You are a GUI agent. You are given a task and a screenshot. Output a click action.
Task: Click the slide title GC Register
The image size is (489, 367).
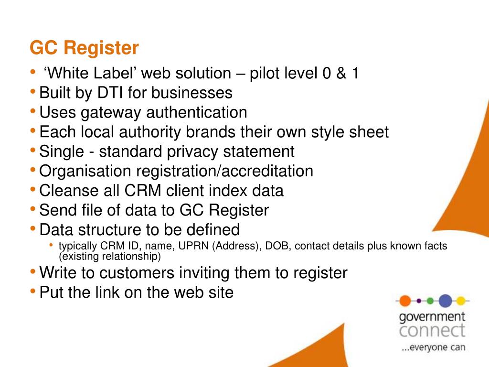pyautogui.click(x=84, y=48)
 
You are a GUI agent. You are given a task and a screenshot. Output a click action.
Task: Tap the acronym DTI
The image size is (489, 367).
pyautogui.click(x=110, y=93)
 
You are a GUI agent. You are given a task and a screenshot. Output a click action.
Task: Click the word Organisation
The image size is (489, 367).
pyautogui.click(x=85, y=171)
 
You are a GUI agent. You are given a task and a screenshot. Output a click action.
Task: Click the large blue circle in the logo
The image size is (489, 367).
pyautogui.click(x=445, y=301)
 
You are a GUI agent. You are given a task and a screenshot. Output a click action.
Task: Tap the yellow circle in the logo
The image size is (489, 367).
pyautogui.click(x=460, y=301)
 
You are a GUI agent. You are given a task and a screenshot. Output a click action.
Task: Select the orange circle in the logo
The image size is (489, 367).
pyautogui.click(x=405, y=301)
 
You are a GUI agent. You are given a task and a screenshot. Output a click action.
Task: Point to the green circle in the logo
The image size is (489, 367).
pyautogui.click(x=430, y=301)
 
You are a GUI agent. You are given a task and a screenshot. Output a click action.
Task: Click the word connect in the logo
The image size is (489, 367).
pyautogui.click(x=432, y=330)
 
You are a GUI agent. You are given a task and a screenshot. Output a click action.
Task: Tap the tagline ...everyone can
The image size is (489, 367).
pyautogui.click(x=433, y=347)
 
